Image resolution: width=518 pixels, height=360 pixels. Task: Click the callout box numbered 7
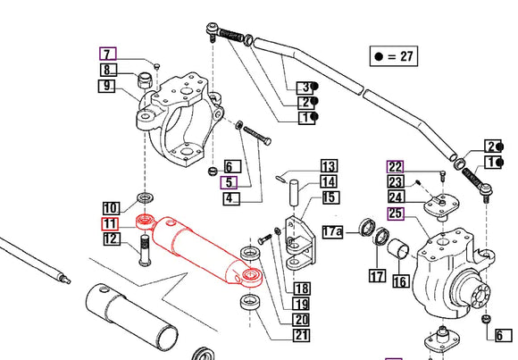coord(107,54)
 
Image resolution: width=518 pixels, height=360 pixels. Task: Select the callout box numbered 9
coord(107,88)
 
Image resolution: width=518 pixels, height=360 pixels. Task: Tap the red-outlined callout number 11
coord(110,223)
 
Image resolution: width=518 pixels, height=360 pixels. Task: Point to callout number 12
coord(110,239)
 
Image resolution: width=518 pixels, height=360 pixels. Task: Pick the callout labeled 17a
coord(333,232)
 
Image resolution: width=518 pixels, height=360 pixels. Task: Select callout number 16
coord(399,281)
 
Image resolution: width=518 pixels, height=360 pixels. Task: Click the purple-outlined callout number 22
coord(396,166)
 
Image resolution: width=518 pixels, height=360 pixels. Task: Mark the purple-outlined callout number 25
coord(396,213)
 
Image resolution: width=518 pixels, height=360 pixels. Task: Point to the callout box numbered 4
coord(230,197)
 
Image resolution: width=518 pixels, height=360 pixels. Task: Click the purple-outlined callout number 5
coord(230,182)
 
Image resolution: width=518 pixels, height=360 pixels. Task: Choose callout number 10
coord(110,207)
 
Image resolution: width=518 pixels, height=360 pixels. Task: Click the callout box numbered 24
coord(396,197)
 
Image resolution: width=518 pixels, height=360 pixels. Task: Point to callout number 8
coord(107,71)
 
